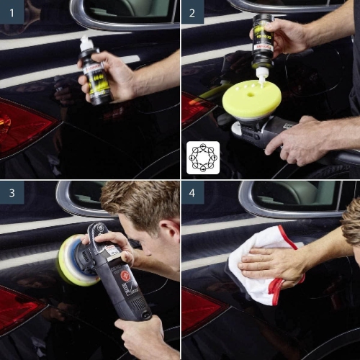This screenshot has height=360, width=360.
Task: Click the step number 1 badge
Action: click(x=12, y=12)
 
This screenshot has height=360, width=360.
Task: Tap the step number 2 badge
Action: click(x=192, y=12)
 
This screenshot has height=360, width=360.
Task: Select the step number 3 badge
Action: click(x=12, y=192)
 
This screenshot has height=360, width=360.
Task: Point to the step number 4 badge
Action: click(x=192, y=192)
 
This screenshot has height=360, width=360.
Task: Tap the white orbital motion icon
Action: click(x=202, y=157)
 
